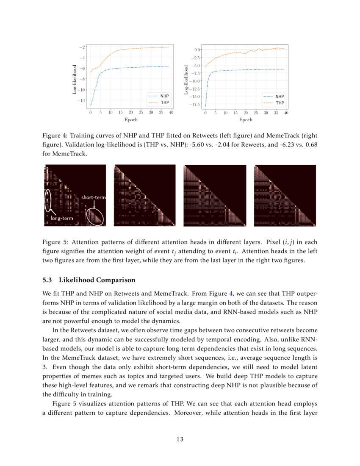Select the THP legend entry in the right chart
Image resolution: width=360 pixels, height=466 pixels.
click(x=280, y=103)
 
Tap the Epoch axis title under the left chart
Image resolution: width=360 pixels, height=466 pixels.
click(x=131, y=120)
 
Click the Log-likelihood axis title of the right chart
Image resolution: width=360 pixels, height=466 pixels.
click(x=186, y=76)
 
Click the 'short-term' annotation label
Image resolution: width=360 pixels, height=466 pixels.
click(x=93, y=197)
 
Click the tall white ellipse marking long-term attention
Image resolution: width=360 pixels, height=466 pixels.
click(x=48, y=200)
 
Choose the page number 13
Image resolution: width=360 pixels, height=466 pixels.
click(x=180, y=439)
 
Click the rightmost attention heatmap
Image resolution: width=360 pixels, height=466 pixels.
click(x=285, y=195)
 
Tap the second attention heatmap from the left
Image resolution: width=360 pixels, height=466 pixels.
click(x=145, y=195)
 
